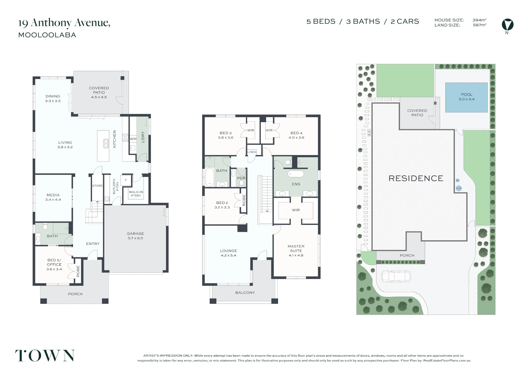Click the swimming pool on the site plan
466,98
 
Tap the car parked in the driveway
396,277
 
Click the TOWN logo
45,356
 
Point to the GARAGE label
135,233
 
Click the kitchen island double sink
106,144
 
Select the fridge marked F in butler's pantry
126,180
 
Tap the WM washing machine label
133,139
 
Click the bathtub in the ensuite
296,174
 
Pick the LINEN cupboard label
252,152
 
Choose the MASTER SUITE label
296,248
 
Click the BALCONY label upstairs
245,293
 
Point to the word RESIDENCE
416,178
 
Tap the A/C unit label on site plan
369,132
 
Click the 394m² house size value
479,20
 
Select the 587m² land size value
479,25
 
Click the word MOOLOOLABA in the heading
47,35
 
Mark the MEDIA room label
53,195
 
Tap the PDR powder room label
241,178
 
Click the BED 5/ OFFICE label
54,262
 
